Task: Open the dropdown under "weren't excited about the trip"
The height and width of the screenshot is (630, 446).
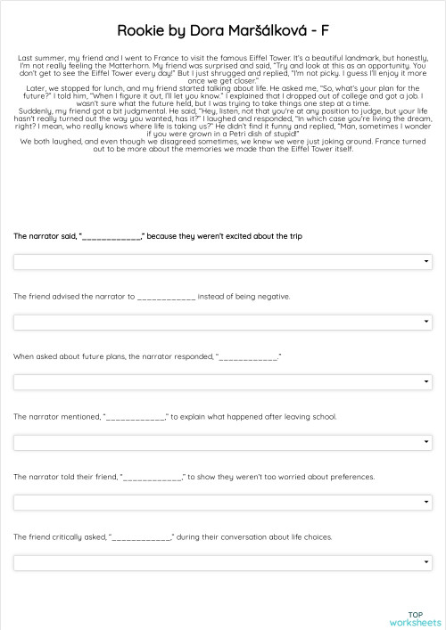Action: coord(222,262)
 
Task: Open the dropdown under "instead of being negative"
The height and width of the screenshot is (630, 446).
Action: coord(222,322)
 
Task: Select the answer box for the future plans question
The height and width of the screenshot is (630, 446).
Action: coord(222,382)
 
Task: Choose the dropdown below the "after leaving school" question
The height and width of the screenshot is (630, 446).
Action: coord(222,442)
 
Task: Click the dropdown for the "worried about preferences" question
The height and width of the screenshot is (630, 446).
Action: coord(222,502)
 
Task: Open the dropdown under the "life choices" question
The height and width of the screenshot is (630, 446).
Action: coord(222,562)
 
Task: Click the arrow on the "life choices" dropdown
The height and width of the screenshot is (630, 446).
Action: coord(425,562)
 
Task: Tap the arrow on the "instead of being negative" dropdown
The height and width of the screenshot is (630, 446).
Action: coord(425,322)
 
